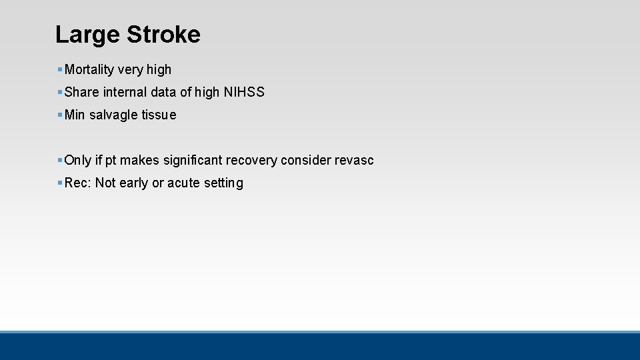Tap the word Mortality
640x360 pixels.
point(89,69)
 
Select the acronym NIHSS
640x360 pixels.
point(244,92)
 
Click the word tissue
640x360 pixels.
point(159,115)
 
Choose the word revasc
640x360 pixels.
point(354,160)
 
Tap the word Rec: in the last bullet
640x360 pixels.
point(78,183)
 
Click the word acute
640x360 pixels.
point(183,183)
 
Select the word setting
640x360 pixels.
point(223,183)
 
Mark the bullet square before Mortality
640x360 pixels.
point(60,69)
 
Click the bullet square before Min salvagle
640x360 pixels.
point(60,115)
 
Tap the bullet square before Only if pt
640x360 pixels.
point(60,160)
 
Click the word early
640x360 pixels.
point(133,183)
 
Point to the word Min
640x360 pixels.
point(75,115)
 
